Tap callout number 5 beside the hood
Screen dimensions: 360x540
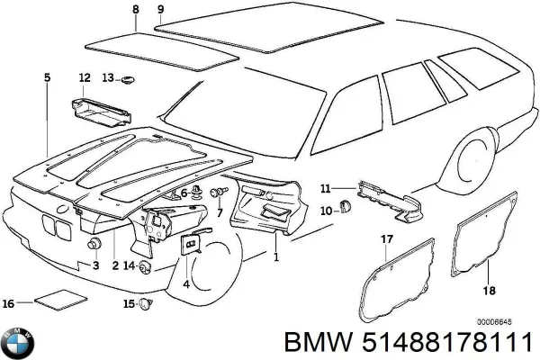[47, 77]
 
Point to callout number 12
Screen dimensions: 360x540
[84, 77]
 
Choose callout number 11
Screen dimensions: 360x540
[326, 188]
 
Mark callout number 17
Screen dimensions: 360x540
[386, 238]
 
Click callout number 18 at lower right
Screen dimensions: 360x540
[490, 291]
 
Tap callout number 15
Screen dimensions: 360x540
[129, 304]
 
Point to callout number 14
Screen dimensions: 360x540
[129, 265]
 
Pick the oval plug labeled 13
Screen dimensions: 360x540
[129, 78]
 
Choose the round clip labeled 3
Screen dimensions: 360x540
[93, 247]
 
